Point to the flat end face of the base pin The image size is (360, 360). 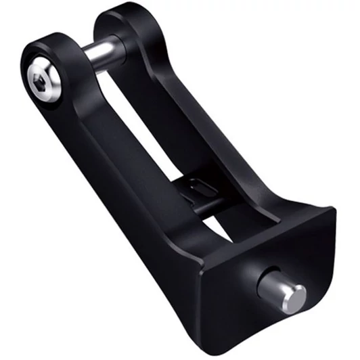pyautogui.click(x=294, y=294)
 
